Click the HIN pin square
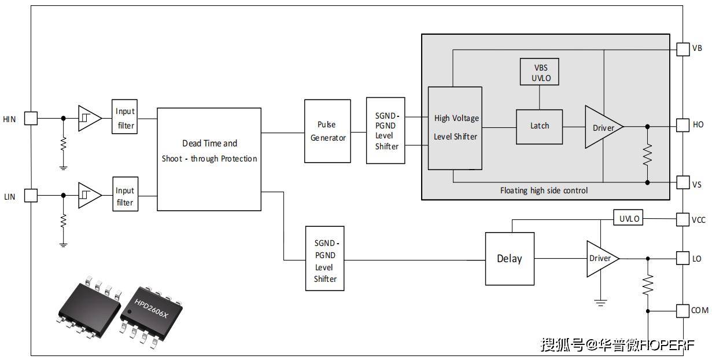point(31,119)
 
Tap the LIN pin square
point(31,196)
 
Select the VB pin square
point(683,49)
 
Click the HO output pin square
point(683,125)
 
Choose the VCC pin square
point(683,219)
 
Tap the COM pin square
point(683,311)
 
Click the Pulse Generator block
point(328,131)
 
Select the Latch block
point(540,126)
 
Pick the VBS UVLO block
point(540,72)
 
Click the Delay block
point(509,259)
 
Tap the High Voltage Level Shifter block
point(455,128)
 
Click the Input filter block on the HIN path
point(125,117)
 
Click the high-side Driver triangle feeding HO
point(602,127)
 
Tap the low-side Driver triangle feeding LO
point(601,258)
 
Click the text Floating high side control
point(544,190)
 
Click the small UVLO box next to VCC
point(629,219)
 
